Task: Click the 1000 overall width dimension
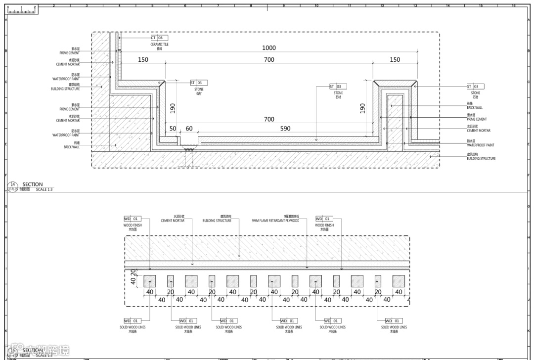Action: (269, 48)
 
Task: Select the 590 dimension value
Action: (285, 129)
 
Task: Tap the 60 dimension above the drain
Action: (189, 129)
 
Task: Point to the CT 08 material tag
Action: (159, 38)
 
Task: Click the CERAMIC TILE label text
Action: (159, 45)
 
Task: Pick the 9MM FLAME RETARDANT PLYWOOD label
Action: (275, 221)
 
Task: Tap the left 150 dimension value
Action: (143, 60)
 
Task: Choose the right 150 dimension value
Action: (395, 60)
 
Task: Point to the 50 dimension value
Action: (173, 129)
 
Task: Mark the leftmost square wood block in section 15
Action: (150, 281)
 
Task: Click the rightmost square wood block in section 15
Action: (399, 281)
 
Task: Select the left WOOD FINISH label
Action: (133, 225)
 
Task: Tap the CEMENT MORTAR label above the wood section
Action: (173, 221)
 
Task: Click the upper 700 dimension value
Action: (269, 60)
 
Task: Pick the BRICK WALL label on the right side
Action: (475, 107)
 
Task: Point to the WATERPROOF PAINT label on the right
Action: (480, 145)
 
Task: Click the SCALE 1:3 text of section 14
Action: (44, 189)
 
